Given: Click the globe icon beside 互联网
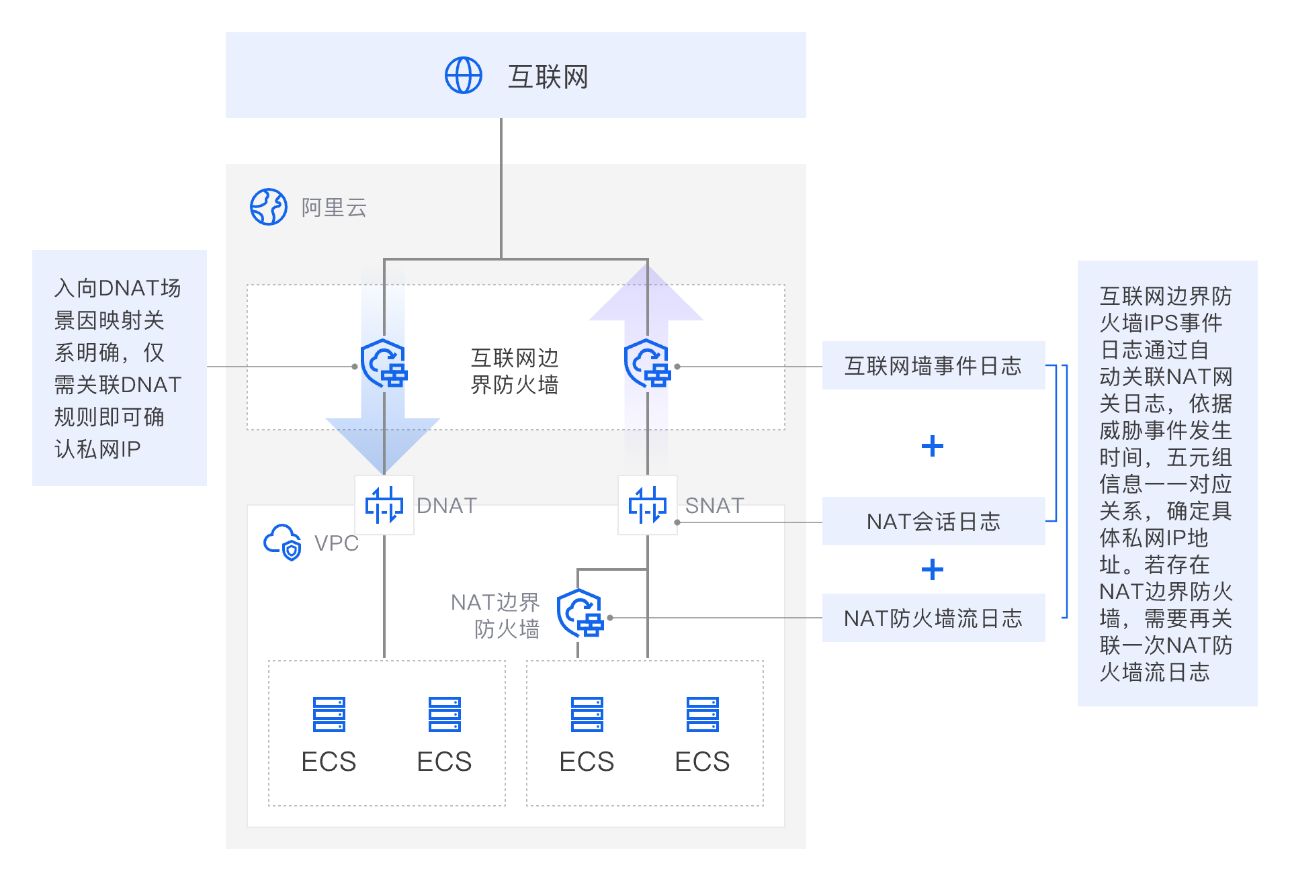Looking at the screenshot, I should coord(464,75).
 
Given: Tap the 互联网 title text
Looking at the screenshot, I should coord(548,77).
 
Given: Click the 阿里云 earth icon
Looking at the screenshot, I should coord(269,207).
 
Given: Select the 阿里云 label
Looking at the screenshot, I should coord(334,207).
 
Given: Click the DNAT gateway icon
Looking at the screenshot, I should coord(384,505).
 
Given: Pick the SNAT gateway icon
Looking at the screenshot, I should coord(648,505).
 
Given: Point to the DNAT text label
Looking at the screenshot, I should coord(447,505).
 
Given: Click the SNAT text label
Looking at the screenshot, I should coord(714,505).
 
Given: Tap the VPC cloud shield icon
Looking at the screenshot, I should coord(282,542).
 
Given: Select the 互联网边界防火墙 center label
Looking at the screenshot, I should coord(515,371).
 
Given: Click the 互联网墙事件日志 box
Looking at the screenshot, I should coord(933,365).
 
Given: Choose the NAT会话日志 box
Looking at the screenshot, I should coord(933,521).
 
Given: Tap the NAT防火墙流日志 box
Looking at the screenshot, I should coord(933,618).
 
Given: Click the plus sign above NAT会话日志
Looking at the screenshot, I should coord(933,446).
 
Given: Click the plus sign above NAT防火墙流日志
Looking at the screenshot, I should coord(933,569).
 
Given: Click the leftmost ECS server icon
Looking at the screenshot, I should coord(329,714).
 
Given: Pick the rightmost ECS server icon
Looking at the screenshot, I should coord(703,714).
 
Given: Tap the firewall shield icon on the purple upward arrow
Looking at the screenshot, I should coord(648,364).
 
